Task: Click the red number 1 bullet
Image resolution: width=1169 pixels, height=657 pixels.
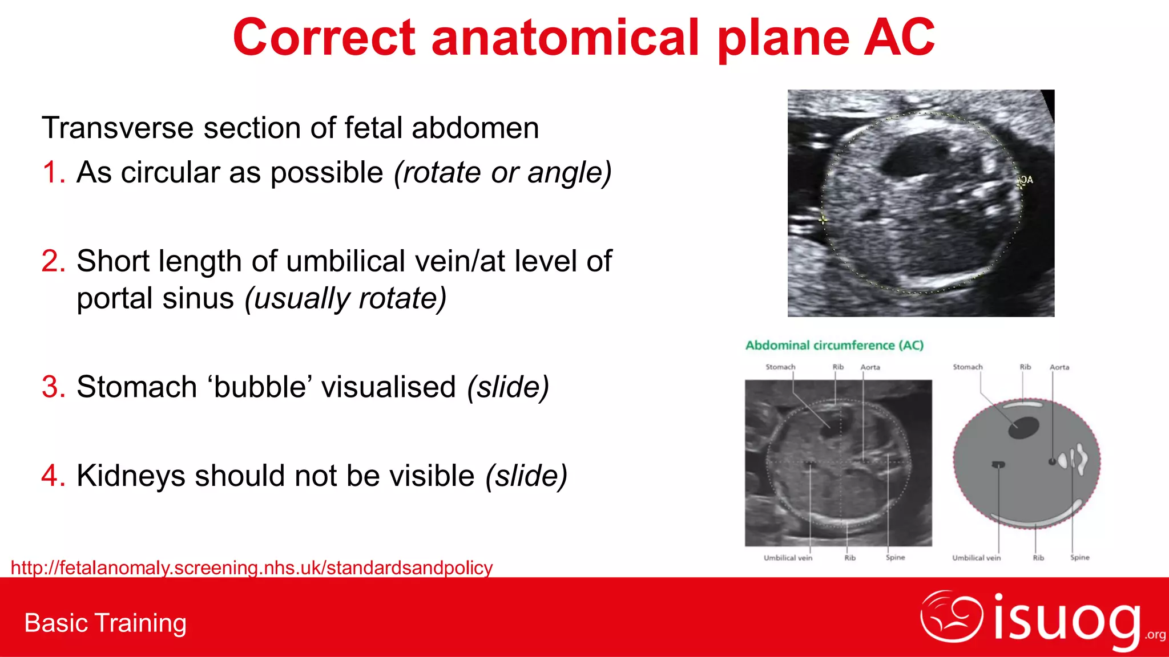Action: point(54,172)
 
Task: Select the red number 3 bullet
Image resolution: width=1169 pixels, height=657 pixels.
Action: point(54,387)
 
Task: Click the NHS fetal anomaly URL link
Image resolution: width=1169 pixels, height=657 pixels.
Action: point(252,567)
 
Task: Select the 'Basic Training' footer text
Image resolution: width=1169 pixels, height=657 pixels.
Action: point(106,623)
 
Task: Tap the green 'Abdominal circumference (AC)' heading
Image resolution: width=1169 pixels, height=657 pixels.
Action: point(834,345)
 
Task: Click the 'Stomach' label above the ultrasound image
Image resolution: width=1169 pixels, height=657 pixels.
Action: point(780,367)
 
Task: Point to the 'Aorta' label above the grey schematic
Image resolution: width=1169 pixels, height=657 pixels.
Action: point(1059,367)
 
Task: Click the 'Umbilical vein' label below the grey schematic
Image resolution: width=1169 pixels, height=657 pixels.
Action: point(976,558)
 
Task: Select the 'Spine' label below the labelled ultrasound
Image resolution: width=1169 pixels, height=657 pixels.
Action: point(895,557)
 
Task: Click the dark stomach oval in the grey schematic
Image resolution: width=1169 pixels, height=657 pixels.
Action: point(1023,427)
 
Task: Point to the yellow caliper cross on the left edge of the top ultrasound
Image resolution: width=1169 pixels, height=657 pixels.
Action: point(823,219)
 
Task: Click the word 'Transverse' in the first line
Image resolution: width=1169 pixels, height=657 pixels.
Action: point(117,128)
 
